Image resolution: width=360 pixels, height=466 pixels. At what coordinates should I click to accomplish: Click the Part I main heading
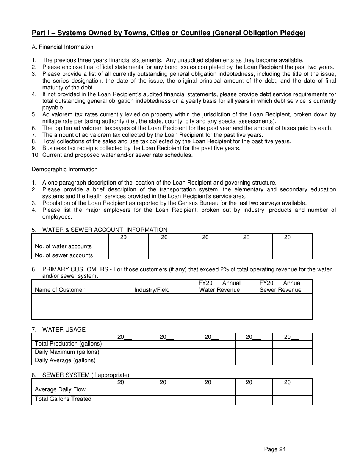(x=168, y=33)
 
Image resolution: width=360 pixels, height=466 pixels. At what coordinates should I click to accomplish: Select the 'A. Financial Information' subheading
(x=63, y=47)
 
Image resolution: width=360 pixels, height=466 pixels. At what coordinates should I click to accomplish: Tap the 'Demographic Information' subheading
(x=64, y=169)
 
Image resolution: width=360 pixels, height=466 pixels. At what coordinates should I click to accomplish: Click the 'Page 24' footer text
(x=275, y=449)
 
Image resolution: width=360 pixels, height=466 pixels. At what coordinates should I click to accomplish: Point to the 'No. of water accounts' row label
(x=63, y=246)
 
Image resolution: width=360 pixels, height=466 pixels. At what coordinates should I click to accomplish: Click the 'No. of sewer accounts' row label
(x=64, y=255)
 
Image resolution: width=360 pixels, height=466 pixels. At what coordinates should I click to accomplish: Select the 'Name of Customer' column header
(x=59, y=290)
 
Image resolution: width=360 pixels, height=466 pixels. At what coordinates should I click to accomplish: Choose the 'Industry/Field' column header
(x=152, y=290)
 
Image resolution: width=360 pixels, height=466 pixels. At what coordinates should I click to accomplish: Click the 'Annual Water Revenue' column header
(x=219, y=286)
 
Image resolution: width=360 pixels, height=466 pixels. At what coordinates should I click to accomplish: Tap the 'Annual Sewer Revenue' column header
(x=280, y=286)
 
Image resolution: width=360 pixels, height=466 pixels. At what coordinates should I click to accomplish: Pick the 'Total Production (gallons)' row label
(x=68, y=344)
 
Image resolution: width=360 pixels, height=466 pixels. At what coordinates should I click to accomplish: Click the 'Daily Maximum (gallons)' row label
(x=67, y=352)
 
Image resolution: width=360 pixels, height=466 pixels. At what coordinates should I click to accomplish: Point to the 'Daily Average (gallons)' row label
(x=65, y=360)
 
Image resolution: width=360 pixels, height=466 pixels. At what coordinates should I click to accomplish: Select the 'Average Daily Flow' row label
(x=60, y=389)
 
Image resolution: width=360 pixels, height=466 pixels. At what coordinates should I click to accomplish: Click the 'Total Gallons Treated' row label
(x=63, y=399)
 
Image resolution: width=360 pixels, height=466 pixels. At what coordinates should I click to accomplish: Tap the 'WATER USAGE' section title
(x=64, y=330)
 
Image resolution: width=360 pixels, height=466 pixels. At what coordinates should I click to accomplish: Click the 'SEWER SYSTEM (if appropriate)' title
(x=86, y=375)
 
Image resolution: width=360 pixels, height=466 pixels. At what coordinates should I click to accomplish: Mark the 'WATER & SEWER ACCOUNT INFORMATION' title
(x=105, y=230)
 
